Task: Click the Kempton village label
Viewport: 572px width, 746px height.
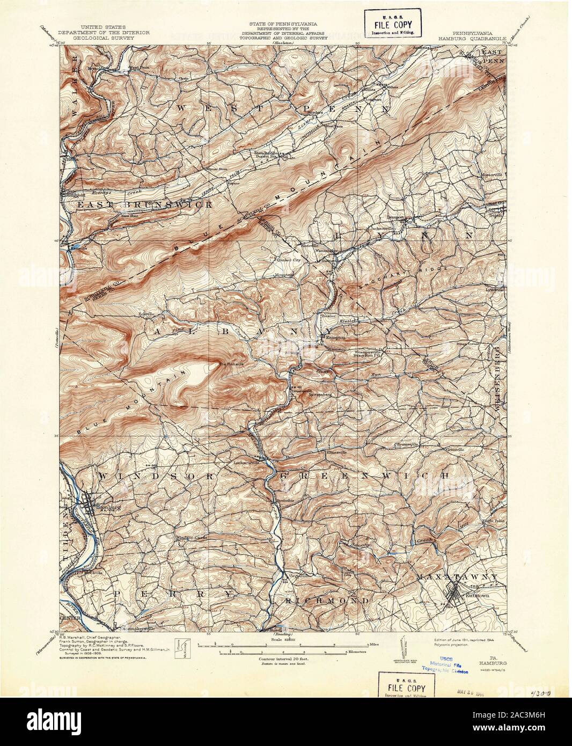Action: click(333, 337)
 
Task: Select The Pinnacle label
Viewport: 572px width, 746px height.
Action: click(233, 365)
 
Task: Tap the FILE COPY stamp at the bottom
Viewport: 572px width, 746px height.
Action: click(403, 689)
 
